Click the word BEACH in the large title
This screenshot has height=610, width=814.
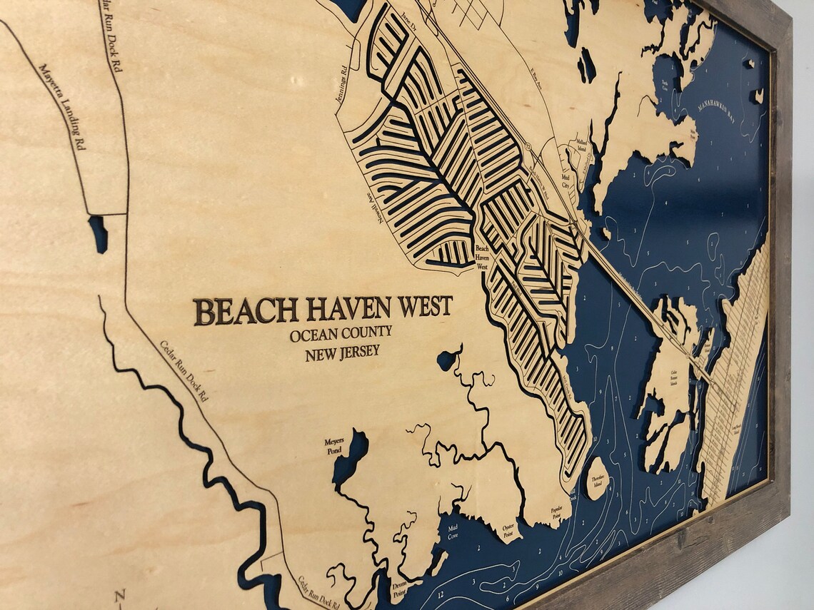click(x=245, y=312)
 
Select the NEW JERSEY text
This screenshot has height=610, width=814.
click(x=342, y=352)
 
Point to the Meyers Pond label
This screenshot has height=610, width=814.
click(x=333, y=446)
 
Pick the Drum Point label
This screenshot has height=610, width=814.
click(x=399, y=588)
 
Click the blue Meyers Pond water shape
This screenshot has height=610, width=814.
click(x=351, y=456)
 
